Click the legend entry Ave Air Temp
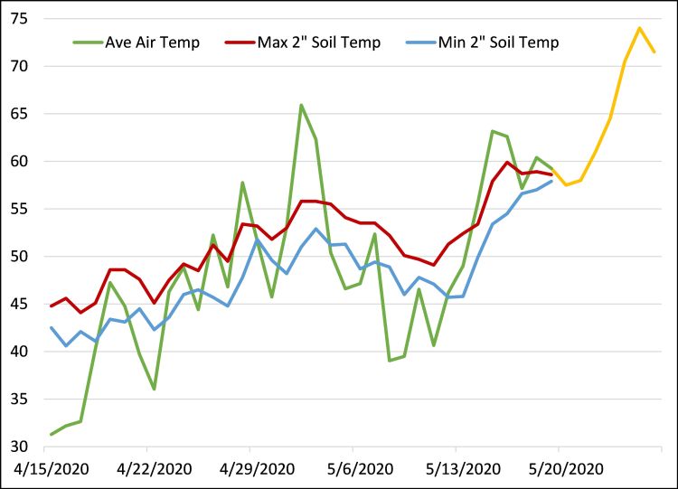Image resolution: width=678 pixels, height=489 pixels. click(151, 42)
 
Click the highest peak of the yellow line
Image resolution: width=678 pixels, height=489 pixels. click(639, 28)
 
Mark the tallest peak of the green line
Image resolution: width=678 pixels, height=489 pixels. click(301, 105)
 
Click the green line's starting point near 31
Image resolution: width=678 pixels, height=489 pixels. click(51, 435)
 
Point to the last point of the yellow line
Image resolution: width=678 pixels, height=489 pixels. click(654, 52)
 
